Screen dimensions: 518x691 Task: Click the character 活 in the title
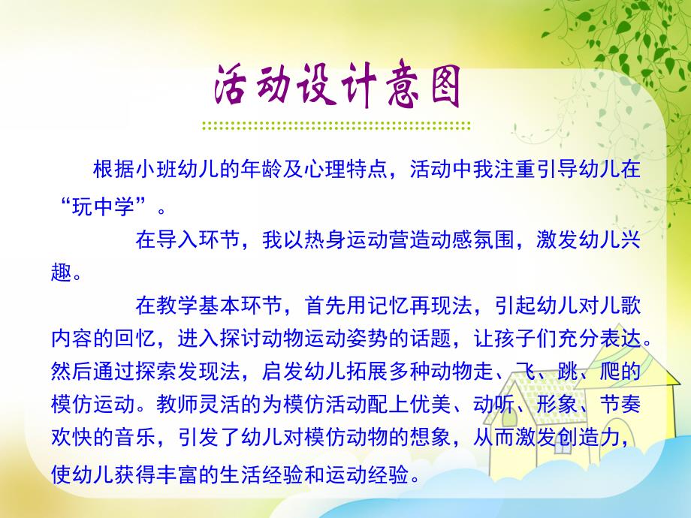coord(234,89)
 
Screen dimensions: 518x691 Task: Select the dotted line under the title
coord(336,125)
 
